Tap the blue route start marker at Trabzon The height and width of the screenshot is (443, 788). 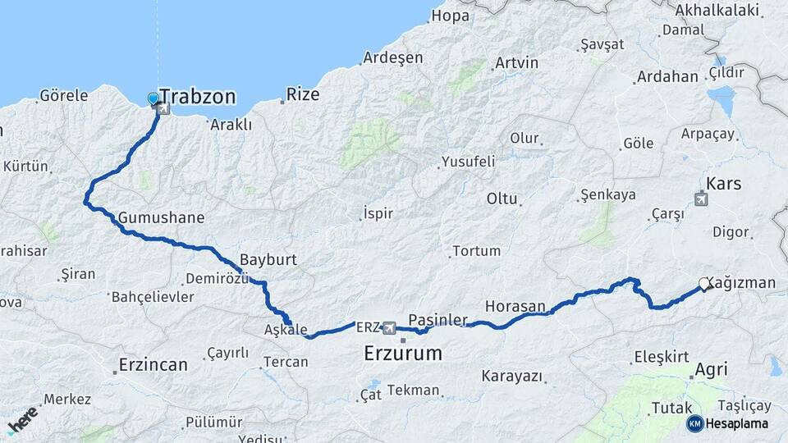[x=153, y=99]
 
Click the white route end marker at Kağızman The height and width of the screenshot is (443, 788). [x=703, y=285]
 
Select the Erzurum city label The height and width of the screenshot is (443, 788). [x=402, y=354]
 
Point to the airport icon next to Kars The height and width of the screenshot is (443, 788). [x=700, y=198]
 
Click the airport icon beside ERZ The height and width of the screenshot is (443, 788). [x=389, y=328]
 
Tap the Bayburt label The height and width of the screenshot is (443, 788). [x=268, y=259]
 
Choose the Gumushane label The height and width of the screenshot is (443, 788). [x=161, y=218]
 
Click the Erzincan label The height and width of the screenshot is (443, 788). [x=153, y=364]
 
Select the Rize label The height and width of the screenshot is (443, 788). [x=303, y=94]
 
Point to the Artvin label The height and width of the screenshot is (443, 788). [x=516, y=63]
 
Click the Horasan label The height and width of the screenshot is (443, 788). [x=515, y=306]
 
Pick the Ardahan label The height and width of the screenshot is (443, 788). [x=667, y=77]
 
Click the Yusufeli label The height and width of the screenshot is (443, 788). [x=468, y=162]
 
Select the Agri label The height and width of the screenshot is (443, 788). [x=711, y=370]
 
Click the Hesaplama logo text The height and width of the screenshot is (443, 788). [x=736, y=423]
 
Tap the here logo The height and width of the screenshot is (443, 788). [x=22, y=419]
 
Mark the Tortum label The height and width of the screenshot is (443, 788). [x=476, y=251]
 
